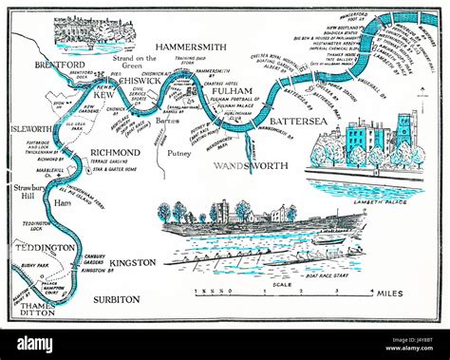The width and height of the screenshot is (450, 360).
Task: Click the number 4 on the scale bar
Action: (371, 283)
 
